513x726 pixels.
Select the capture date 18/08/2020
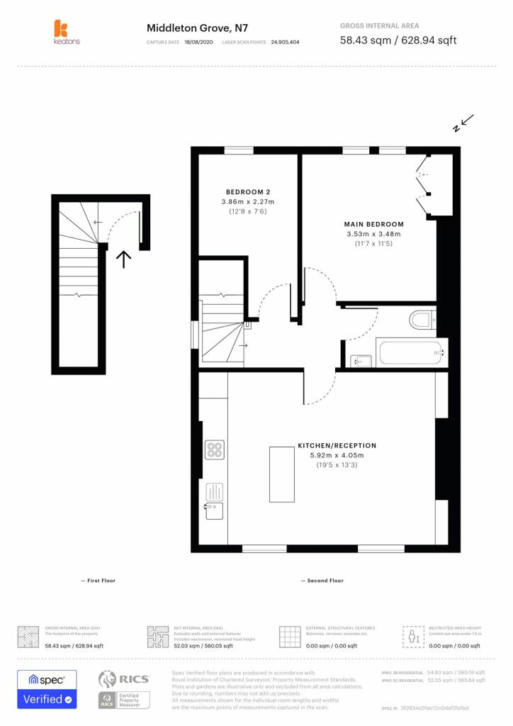[x=198, y=43]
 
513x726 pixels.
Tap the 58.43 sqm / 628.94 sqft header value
[x=398, y=40]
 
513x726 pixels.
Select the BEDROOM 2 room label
[x=248, y=192]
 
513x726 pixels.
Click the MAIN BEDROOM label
[x=374, y=224]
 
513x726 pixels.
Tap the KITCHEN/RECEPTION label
[x=337, y=445]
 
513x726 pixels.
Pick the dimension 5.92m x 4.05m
[x=337, y=455]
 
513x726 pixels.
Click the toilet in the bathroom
[x=423, y=320]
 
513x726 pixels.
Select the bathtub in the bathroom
[x=410, y=352]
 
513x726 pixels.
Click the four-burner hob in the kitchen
[x=215, y=449]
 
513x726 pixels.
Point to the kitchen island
[x=282, y=474]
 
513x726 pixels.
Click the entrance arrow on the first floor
[x=124, y=259]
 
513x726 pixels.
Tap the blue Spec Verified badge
[x=47, y=689]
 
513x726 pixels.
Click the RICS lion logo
[x=108, y=679]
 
